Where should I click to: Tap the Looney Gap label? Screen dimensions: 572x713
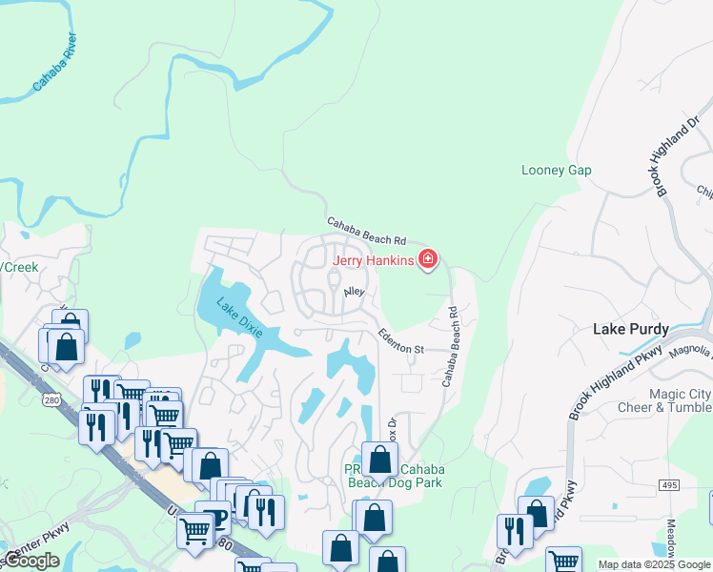[x=557, y=171]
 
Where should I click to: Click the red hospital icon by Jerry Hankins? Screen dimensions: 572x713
[x=428, y=259]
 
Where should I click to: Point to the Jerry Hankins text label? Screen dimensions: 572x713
[x=373, y=260]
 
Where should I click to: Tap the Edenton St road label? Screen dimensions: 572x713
[x=400, y=341]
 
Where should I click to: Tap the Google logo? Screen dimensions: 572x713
[x=31, y=561]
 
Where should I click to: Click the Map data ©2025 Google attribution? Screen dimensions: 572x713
[x=654, y=564]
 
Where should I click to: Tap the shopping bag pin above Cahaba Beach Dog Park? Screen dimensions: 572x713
[x=379, y=460]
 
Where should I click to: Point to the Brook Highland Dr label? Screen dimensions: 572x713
[x=677, y=157]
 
